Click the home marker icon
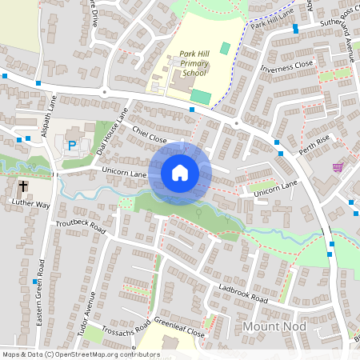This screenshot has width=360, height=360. coord(180,173)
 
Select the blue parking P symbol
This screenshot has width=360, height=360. coord(72,146)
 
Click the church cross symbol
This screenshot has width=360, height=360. coord(23,186)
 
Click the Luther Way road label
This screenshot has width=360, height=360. coord(31,205)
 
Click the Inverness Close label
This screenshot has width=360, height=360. coord(286,67)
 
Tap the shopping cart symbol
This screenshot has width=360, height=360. coord(338,167)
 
